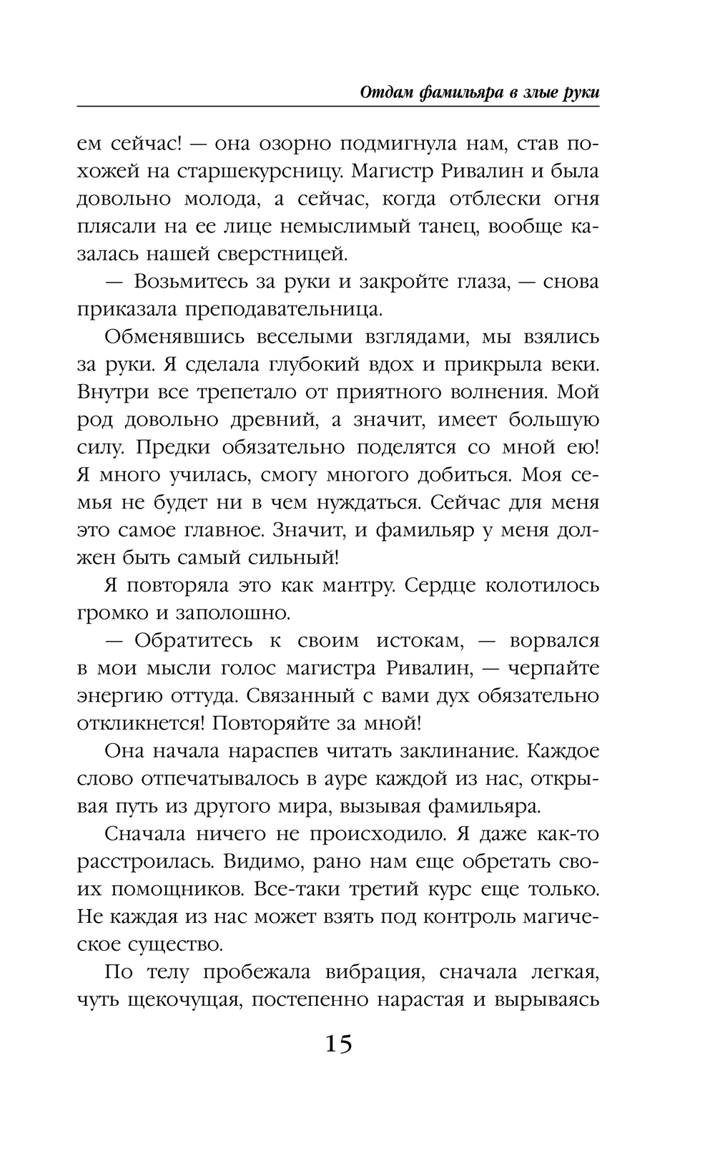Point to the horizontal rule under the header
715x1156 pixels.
337,107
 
